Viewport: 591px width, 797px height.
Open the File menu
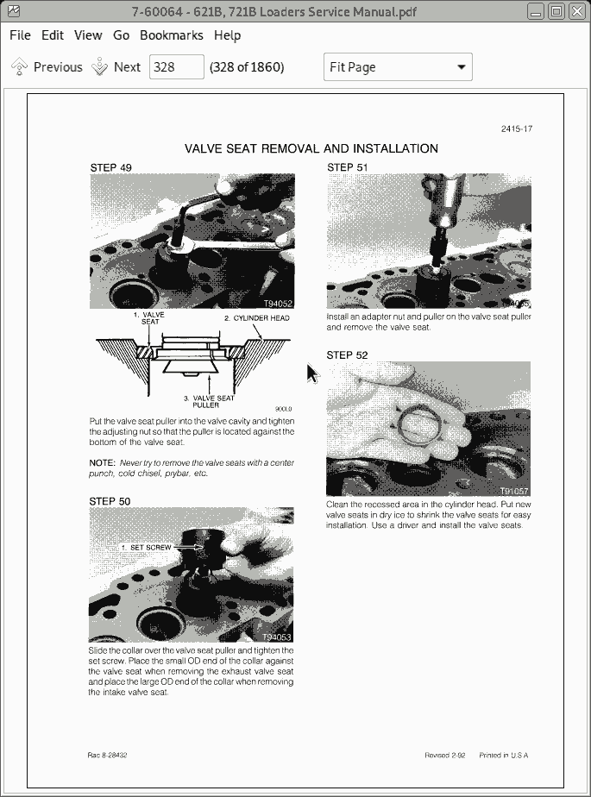tap(20, 35)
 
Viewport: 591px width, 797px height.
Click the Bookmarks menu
tap(171, 35)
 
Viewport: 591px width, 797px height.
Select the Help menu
tap(227, 35)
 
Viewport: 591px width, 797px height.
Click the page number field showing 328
tap(177, 67)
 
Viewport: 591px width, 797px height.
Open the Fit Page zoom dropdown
tap(398, 67)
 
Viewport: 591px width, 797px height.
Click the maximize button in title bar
tap(556, 11)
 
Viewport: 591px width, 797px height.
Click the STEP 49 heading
tap(110, 167)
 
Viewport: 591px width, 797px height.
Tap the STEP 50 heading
tap(110, 501)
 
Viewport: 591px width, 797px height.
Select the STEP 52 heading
tap(347, 355)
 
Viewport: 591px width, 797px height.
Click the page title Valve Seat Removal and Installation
tap(311, 148)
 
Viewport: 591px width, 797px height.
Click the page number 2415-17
tap(516, 129)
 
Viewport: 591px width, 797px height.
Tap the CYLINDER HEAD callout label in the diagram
tap(257, 318)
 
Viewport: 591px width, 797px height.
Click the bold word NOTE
tap(102, 463)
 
